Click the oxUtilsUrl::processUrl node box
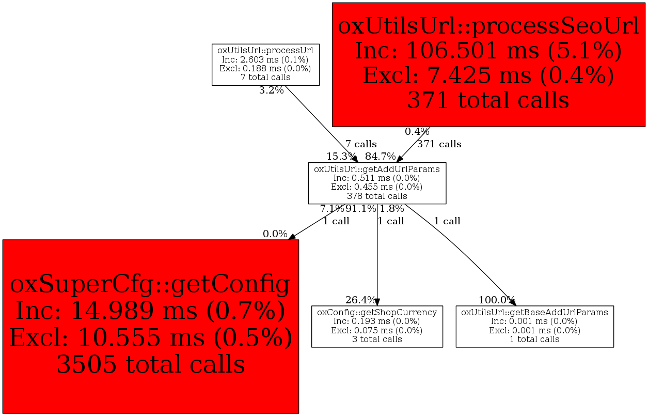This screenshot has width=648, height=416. coord(265,64)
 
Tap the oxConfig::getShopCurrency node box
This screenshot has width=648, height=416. coord(377,326)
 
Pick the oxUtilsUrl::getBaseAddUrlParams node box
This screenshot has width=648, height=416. coord(534,326)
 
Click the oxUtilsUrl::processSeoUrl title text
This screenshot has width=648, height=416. coord(488,26)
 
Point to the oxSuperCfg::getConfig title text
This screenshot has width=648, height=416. coord(150,284)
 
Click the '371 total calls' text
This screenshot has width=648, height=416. coord(488,99)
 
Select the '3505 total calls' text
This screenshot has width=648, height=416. coord(150,364)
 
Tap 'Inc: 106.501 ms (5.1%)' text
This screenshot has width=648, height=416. coord(488,51)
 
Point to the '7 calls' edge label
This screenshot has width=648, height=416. coord(361,144)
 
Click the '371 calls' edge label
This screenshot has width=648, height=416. coord(439,144)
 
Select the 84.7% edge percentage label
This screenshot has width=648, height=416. coord(381,156)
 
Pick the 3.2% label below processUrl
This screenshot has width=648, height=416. coord(271,90)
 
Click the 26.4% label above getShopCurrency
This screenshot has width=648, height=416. coord(360,300)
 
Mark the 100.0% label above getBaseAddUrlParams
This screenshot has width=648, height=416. coord(497,300)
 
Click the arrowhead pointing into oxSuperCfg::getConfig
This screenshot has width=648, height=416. coord(292,237)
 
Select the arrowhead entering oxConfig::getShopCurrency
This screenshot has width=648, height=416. coord(377,302)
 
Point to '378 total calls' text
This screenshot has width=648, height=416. coord(377,196)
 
